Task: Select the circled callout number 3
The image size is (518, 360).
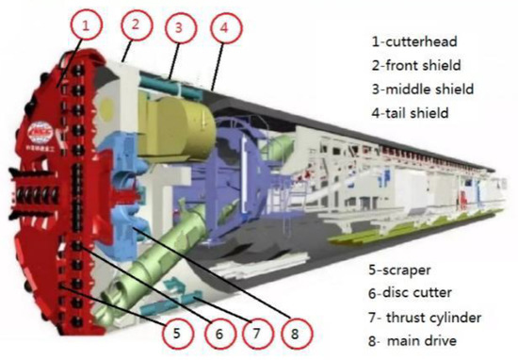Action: pos(176,28)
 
